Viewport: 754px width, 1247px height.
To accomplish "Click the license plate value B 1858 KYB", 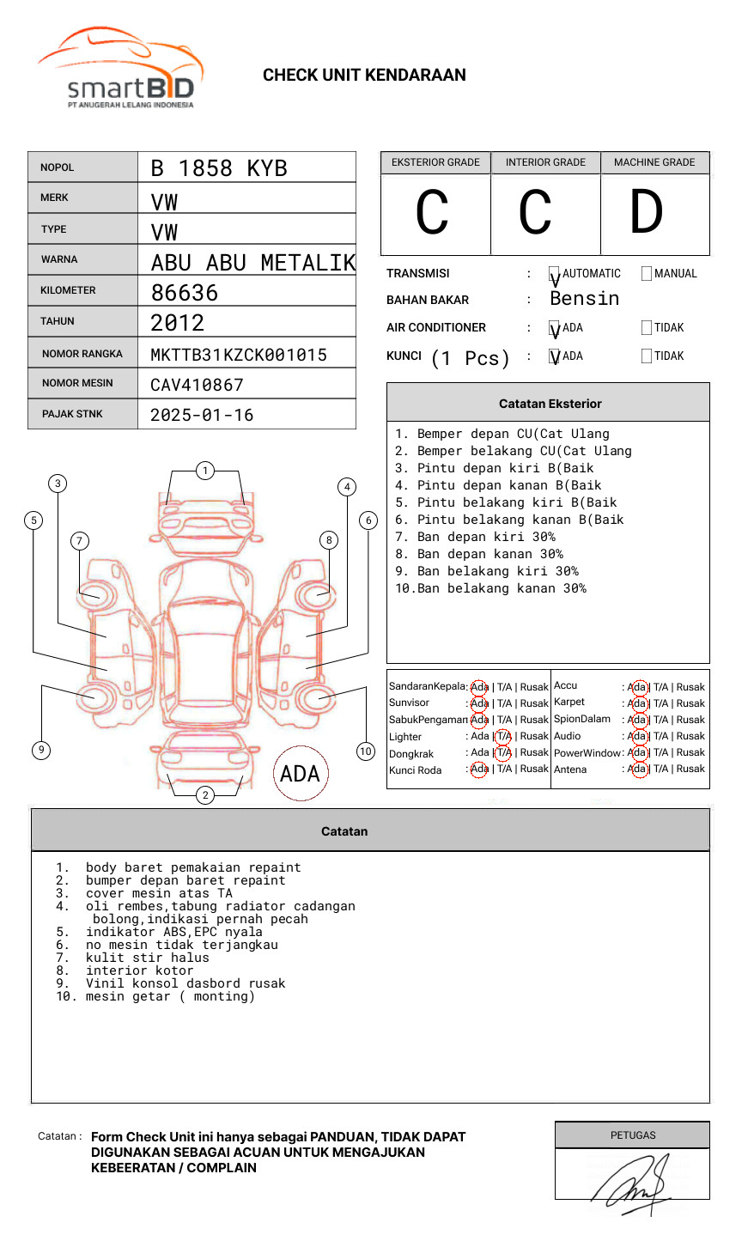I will pos(218,168).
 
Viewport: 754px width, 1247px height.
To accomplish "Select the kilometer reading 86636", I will pos(185,293).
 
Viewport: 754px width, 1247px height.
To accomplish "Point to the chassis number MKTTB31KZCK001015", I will pos(238,355).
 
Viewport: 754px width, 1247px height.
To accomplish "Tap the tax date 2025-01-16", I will pos(202,415).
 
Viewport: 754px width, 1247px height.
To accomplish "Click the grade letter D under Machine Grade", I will pos(646,213).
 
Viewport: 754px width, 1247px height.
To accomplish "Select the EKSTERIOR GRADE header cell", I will pos(435,162).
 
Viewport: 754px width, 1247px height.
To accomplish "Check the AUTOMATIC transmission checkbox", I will pos(555,274).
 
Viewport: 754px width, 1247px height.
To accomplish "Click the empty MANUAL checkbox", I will pos(647,274).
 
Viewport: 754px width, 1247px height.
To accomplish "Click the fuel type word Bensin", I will pos(584,299).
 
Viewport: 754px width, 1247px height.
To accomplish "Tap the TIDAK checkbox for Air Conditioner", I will pos(647,328).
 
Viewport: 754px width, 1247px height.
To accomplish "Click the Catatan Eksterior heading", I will pos(550,404).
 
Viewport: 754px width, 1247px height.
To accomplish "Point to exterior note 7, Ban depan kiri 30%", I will pos(475,537).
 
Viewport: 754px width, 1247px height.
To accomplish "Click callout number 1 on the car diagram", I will pos(204,471).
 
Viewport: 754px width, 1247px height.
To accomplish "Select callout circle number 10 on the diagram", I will pos(366,751).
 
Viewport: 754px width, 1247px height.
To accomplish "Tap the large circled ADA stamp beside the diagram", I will pos(300,774).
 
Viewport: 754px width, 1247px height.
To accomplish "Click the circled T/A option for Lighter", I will pos(503,736).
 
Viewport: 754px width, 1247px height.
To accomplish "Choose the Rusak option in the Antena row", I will pos(690,769).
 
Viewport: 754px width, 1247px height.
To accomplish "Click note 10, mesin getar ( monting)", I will pos(169,996).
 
